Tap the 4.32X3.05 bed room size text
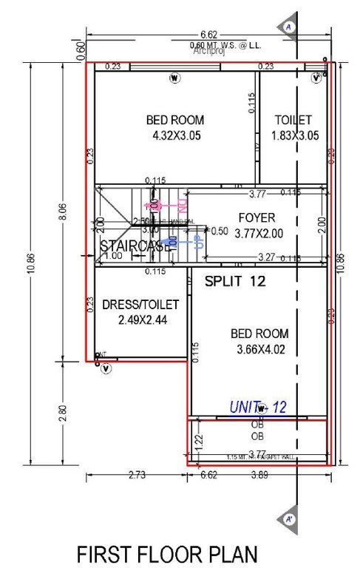coord(176,135)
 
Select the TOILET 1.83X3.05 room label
coord(293,127)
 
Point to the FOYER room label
coord(257,217)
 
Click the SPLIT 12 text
coord(235,281)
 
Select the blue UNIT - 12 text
coord(257,406)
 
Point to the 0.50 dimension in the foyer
coord(219,231)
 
